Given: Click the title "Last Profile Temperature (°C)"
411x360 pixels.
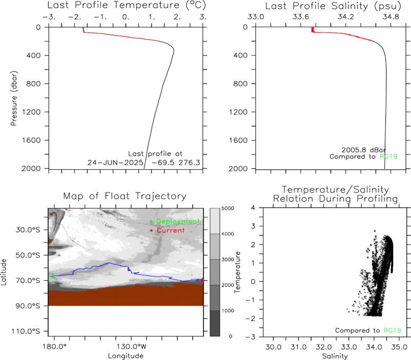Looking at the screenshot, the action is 126,6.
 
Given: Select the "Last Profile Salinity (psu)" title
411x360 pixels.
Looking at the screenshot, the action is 333,6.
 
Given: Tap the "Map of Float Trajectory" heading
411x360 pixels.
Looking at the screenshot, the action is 125,196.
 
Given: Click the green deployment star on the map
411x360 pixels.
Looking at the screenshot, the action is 52,276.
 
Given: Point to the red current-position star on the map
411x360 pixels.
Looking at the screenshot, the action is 202,280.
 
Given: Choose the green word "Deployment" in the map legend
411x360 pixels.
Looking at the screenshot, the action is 178,222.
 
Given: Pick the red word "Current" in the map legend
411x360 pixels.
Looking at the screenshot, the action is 171,230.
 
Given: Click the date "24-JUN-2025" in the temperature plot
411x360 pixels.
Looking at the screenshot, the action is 115,163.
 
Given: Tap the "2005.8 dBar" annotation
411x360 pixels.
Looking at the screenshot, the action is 364,150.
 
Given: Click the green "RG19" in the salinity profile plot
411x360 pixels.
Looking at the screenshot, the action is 388,157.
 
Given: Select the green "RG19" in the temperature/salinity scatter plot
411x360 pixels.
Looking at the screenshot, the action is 393,330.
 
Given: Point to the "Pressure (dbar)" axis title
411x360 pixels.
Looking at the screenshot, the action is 14,98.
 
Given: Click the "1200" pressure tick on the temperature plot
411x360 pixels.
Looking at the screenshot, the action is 31,112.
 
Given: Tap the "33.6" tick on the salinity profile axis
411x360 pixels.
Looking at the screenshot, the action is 301,17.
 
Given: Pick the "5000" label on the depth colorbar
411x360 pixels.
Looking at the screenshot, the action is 228,208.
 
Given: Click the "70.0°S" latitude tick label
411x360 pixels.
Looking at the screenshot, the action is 28,280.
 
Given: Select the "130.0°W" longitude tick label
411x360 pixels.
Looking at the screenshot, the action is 132,347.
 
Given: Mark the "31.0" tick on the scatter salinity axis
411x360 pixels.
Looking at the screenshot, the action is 298,347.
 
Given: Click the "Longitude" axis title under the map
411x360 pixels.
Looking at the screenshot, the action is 126,356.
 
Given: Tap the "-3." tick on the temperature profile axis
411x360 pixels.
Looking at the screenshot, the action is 49,17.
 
